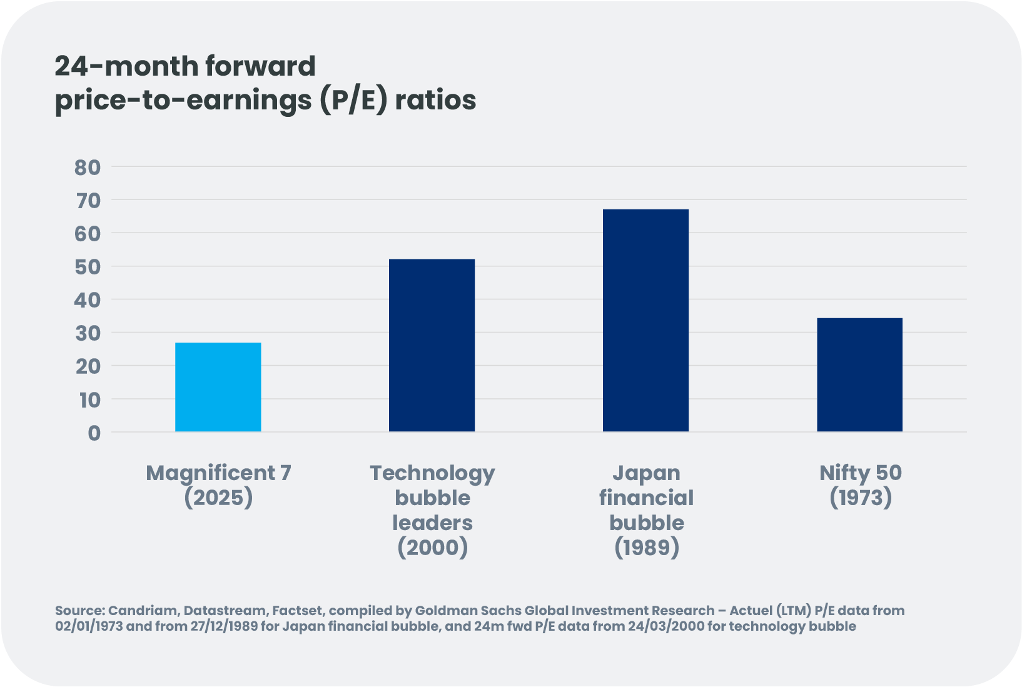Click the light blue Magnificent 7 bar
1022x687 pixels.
click(218, 387)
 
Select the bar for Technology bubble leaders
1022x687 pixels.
click(432, 345)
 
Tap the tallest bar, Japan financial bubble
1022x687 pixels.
click(645, 320)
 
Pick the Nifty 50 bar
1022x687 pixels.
click(859, 374)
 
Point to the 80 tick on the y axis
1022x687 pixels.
click(88, 167)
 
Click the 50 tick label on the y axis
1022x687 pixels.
click(88, 266)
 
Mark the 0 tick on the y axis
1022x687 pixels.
click(94, 433)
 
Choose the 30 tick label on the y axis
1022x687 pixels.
click(88, 333)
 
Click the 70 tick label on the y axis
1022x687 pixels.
click(88, 200)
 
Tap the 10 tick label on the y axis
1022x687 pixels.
click(89, 399)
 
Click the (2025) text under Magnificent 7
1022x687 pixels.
click(218, 498)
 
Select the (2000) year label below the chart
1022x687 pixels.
click(432, 548)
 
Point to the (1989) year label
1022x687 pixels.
click(646, 548)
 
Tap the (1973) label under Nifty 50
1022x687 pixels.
click(860, 498)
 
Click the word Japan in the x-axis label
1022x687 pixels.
click(646, 473)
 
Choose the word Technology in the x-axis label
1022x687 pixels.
click(432, 473)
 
